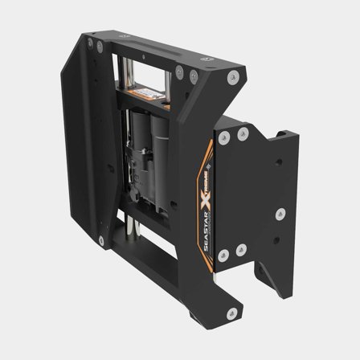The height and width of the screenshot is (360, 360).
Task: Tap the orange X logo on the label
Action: click(x=215, y=198)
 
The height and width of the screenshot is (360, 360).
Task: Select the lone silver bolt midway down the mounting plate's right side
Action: click(x=281, y=215)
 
